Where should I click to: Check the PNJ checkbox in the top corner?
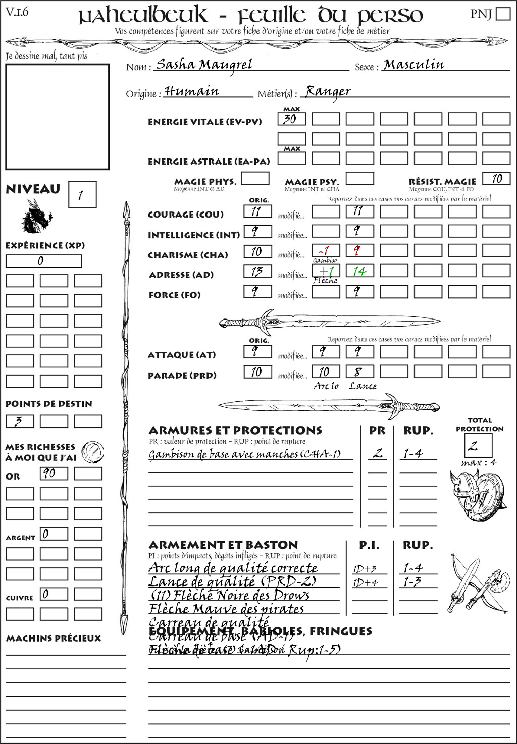[x=503, y=14]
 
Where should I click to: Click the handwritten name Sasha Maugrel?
[x=204, y=64]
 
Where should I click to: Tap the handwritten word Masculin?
[x=413, y=64]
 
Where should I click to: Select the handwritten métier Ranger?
[x=328, y=91]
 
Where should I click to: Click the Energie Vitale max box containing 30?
[x=291, y=119]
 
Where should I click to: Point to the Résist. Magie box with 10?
[x=496, y=179]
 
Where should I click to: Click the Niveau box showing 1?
[x=82, y=195]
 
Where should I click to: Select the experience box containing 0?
[x=43, y=261]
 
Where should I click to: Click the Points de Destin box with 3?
[x=20, y=421]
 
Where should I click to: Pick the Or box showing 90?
[x=54, y=473]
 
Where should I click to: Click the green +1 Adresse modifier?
[x=326, y=271]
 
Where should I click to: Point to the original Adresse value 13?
[x=257, y=272]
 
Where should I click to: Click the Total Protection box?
[x=478, y=445]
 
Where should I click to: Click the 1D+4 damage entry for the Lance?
[x=366, y=582]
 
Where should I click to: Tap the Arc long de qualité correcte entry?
[x=233, y=568]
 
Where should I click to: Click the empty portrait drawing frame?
[x=57, y=117]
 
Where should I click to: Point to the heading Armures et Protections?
[x=235, y=430]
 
